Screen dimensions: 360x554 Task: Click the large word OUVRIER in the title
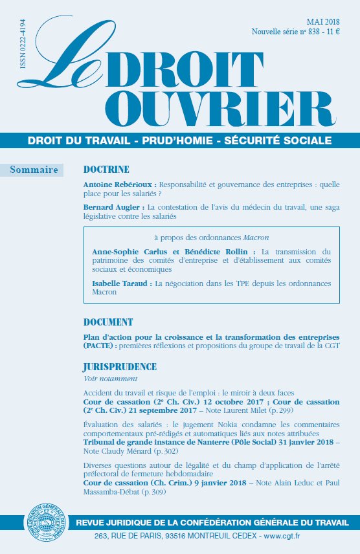(219, 108)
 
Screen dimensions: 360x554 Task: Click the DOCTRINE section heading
(107, 170)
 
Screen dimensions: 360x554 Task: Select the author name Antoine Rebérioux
(120, 184)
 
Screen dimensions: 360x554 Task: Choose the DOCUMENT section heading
(109, 322)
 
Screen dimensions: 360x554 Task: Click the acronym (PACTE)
(99, 346)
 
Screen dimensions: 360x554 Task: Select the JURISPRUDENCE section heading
(120, 367)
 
